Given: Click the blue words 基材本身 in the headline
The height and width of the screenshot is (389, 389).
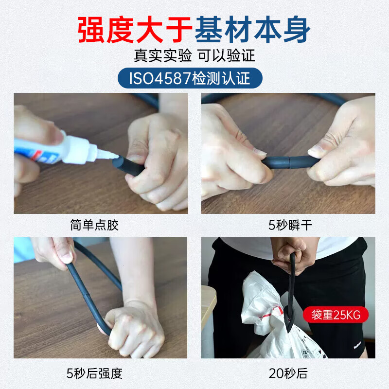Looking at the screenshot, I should click(252, 30).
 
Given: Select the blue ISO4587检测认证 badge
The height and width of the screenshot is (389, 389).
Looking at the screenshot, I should click(190, 78).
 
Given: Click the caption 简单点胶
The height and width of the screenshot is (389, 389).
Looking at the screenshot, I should click(94, 226).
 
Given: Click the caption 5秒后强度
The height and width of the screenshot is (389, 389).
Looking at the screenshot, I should click(94, 373).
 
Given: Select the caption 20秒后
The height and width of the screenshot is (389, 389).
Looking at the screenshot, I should click(288, 373).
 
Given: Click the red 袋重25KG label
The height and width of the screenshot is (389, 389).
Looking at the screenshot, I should click(335, 315).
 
